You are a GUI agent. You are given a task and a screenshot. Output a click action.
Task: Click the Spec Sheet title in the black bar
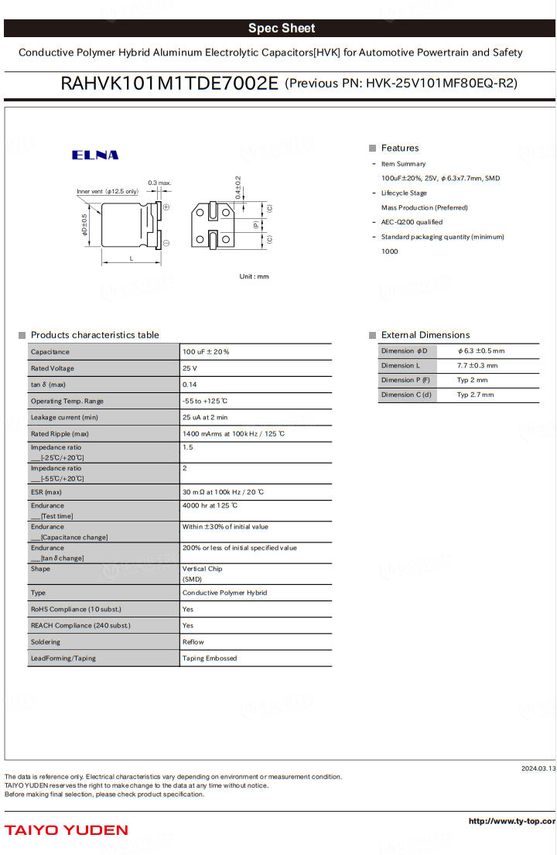click(281, 29)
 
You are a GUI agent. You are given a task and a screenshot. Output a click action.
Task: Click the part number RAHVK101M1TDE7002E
click(169, 84)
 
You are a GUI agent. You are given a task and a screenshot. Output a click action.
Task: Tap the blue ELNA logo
click(95, 155)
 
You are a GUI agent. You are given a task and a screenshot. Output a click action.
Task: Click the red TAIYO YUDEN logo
click(67, 830)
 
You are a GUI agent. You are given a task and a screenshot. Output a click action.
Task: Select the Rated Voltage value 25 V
click(190, 368)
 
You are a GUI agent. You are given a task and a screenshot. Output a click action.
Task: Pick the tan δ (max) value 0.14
click(190, 385)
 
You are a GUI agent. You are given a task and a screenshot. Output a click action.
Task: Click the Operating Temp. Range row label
click(67, 401)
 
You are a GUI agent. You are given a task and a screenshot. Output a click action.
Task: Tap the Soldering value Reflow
click(193, 641)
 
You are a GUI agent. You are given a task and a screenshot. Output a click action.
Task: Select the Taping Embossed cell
click(210, 658)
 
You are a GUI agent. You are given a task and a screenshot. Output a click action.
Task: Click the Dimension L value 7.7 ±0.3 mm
click(477, 365)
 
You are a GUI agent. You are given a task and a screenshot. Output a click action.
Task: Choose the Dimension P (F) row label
click(405, 380)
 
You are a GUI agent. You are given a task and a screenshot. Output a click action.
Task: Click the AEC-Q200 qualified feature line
click(412, 222)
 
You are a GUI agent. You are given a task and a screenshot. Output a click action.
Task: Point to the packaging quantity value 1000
click(390, 251)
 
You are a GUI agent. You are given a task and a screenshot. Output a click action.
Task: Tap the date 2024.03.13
click(538, 768)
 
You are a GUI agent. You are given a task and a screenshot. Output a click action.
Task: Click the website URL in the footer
click(511, 821)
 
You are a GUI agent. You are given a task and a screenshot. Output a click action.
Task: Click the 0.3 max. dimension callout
click(159, 183)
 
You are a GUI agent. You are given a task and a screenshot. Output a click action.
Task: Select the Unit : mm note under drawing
click(254, 276)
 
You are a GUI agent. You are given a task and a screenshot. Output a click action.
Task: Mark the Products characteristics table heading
click(94, 335)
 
